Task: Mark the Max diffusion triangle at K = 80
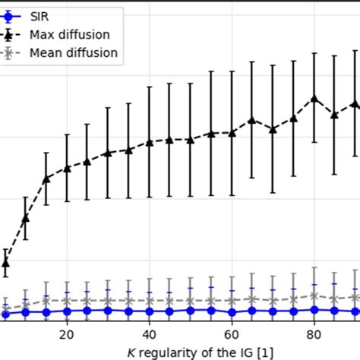[314, 99]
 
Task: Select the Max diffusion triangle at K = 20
[67, 168]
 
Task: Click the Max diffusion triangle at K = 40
[150, 142]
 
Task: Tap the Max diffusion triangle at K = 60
[232, 132]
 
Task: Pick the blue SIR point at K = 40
[150, 311]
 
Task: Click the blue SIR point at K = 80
[314, 309]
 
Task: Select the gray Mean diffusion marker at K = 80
[314, 295]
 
